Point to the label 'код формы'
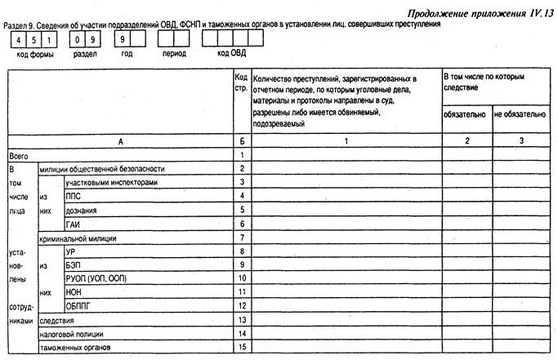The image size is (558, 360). [32, 56]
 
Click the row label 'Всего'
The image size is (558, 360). [19, 154]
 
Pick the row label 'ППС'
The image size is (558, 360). [74, 196]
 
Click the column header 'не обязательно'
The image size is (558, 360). [520, 115]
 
